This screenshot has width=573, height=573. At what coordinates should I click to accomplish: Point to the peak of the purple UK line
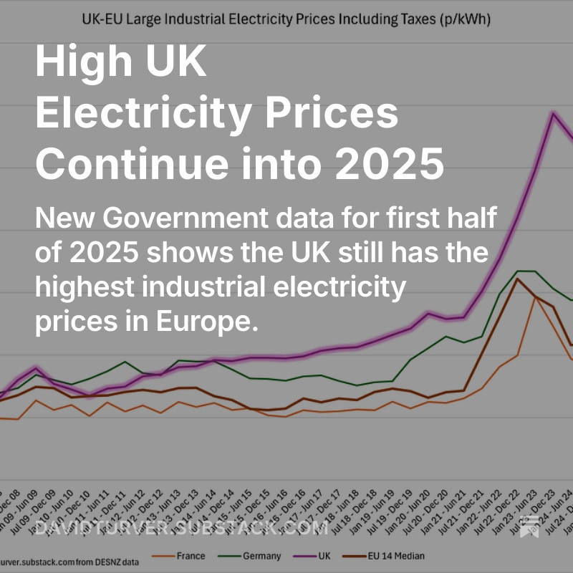pyautogui.click(x=553, y=113)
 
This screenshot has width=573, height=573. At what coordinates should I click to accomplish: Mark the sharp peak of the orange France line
pyautogui.click(x=534, y=297)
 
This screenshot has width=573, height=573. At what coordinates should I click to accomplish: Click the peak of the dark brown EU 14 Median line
pyautogui.click(x=517, y=279)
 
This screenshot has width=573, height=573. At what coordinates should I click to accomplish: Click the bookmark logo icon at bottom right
pyautogui.click(x=531, y=526)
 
